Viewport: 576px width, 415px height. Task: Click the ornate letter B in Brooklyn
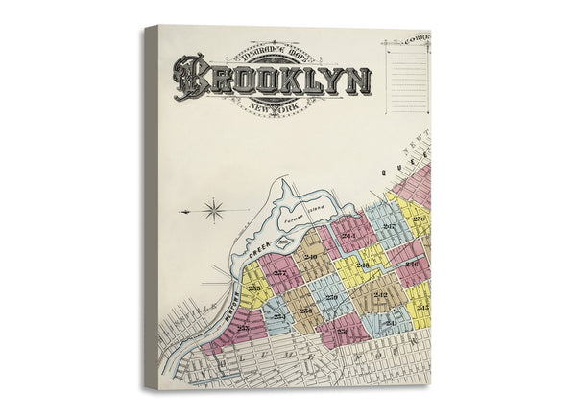(x=191, y=77)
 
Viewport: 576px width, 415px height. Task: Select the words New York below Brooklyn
(x=273, y=107)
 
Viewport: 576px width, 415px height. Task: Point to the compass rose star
(x=213, y=210)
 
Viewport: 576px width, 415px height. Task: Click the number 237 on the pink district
(x=279, y=273)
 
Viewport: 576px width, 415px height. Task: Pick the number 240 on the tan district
(x=310, y=257)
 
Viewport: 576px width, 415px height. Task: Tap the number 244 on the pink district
(x=347, y=235)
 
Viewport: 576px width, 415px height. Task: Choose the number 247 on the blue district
(x=388, y=226)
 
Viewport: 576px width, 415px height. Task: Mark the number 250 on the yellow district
(x=419, y=219)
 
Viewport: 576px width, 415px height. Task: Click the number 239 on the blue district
(x=331, y=298)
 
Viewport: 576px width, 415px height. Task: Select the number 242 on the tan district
(x=380, y=294)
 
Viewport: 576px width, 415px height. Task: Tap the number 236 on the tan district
(x=305, y=311)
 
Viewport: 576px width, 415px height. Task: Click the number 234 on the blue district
(x=278, y=315)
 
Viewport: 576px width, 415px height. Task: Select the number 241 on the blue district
(x=392, y=324)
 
